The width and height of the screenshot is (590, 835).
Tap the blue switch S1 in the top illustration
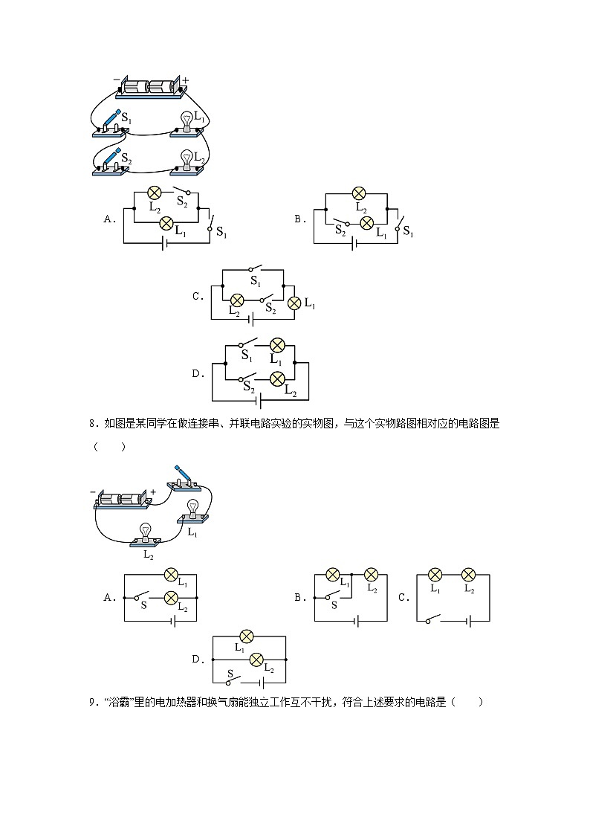[109, 122]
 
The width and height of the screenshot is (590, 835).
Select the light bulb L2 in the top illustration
[187, 159]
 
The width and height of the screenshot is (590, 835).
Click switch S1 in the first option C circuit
[255, 269]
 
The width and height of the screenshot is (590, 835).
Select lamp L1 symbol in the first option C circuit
[294, 303]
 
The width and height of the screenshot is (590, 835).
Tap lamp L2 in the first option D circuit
[277, 378]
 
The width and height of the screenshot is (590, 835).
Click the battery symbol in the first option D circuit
[258, 400]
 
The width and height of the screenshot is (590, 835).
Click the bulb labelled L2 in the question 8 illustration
[146, 532]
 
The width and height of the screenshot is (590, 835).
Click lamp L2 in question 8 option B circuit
[371, 575]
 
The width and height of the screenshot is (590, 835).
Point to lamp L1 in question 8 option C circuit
[435, 575]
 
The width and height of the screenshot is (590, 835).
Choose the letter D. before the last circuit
[197, 659]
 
